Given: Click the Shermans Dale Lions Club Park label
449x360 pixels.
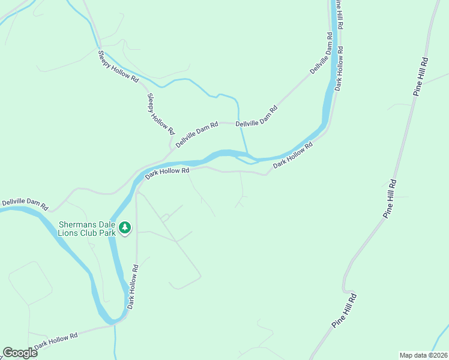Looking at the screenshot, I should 86,229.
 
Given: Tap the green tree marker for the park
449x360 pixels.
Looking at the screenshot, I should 125,227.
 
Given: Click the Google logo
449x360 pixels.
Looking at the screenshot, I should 20,353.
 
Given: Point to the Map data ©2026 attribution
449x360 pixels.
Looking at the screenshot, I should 423,355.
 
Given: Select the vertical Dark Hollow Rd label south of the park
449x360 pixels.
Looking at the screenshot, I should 131,287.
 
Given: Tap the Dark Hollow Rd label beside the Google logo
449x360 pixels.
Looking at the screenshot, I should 56,341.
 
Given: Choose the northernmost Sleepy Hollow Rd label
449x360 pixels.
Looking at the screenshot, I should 118,67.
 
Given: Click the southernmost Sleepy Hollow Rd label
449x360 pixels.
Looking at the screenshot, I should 160,113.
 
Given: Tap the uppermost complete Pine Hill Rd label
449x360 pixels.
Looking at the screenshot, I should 420,76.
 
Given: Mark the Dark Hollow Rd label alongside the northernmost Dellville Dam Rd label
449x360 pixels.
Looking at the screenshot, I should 339,68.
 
